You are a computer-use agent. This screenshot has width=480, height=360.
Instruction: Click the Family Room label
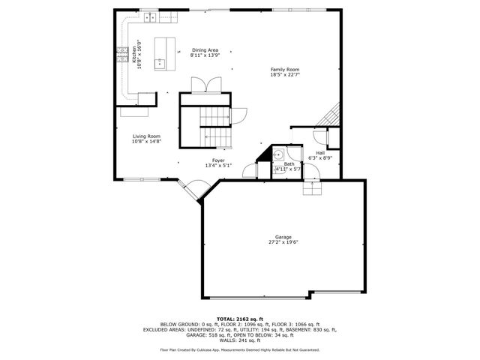[285, 69]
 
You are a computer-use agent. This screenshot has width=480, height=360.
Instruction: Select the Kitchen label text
[134, 53]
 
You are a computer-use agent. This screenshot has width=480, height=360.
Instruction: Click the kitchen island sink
[160, 63]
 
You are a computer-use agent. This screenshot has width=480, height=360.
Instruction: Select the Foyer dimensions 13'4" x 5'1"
[218, 165]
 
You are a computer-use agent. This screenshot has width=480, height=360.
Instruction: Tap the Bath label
[289, 163]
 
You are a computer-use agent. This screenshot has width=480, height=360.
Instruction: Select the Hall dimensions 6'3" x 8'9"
[320, 158]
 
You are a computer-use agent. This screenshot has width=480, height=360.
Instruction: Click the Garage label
[283, 237]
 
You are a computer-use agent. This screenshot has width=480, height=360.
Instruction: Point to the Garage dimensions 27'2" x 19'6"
[283, 242]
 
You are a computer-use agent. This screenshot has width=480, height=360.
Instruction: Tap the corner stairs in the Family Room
[330, 115]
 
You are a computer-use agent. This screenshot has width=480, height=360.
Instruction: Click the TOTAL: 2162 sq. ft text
[239, 319]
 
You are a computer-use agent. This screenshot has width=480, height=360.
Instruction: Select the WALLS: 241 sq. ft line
[239, 340]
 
